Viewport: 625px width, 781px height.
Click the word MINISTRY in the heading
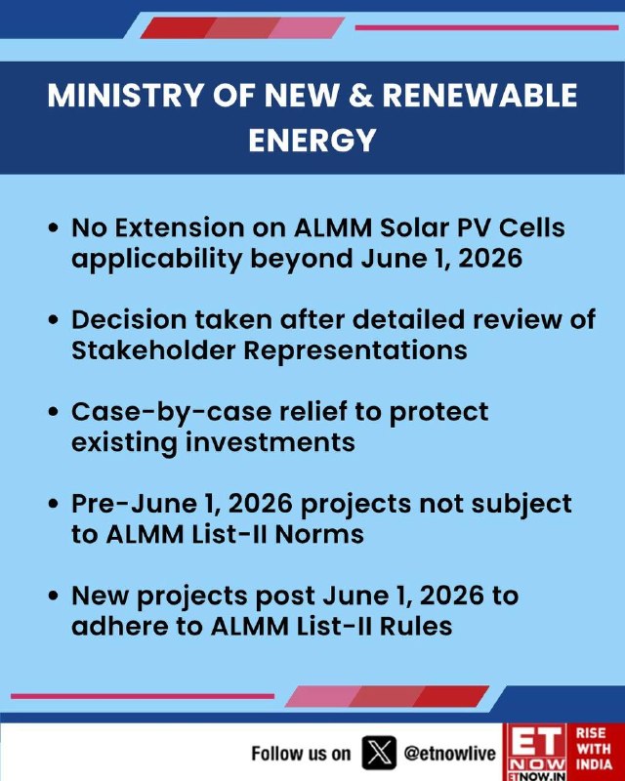pyautogui.click(x=126, y=95)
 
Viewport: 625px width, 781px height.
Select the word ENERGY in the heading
pyautogui.click(x=312, y=140)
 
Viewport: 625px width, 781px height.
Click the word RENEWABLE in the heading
pyautogui.click(x=479, y=95)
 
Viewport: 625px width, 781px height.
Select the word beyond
pyautogui.click(x=302, y=260)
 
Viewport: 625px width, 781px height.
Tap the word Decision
pyautogui.click(x=129, y=320)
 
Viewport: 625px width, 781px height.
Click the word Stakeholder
pyautogui.click(x=153, y=350)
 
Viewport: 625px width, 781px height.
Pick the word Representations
pyautogui.click(x=355, y=351)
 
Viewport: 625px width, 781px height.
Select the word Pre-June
pyautogui.click(x=132, y=504)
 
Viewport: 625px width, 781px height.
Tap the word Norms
pyautogui.click(x=319, y=534)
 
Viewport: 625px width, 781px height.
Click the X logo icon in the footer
pyautogui.click(x=379, y=753)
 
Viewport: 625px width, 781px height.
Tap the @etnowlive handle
pyautogui.click(x=450, y=754)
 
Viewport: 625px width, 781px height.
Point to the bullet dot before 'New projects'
pyautogui.click(x=54, y=596)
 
